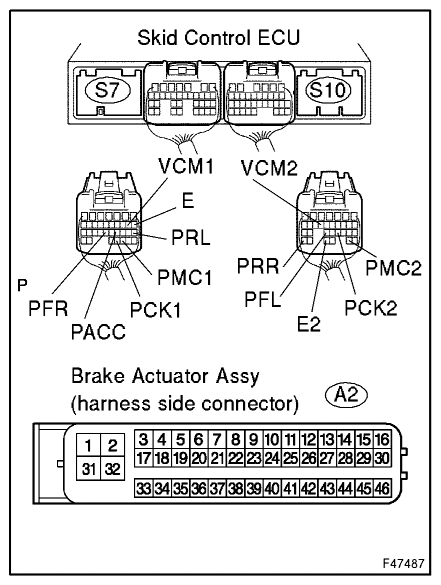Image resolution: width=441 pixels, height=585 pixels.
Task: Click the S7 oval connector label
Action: coord(108,90)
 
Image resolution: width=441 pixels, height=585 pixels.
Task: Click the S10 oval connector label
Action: coord(328,90)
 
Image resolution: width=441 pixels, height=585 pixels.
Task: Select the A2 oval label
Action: coord(347,395)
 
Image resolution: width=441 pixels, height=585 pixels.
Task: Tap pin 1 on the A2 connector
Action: coord(88,445)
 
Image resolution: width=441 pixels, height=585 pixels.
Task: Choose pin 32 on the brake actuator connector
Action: coord(112,469)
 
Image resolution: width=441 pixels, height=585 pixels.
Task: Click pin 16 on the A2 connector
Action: coord(382,440)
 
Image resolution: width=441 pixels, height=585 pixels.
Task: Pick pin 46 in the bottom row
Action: coord(382,488)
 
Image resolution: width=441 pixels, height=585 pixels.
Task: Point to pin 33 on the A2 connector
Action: coord(143,488)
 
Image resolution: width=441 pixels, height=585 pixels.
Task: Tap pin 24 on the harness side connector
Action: coord(272,457)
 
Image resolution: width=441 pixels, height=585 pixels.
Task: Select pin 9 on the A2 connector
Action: coord(253,440)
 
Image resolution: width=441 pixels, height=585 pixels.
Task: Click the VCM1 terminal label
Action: coord(186,166)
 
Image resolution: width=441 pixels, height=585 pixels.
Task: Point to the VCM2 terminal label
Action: coord(269,168)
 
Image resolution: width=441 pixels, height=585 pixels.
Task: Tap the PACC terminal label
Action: coord(98,332)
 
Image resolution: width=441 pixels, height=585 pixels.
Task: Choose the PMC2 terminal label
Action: coord(393,268)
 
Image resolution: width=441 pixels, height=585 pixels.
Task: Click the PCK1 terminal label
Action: coord(155,309)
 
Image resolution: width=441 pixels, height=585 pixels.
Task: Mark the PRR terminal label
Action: coord(258,266)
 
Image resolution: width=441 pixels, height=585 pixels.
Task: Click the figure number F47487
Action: coord(404,563)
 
